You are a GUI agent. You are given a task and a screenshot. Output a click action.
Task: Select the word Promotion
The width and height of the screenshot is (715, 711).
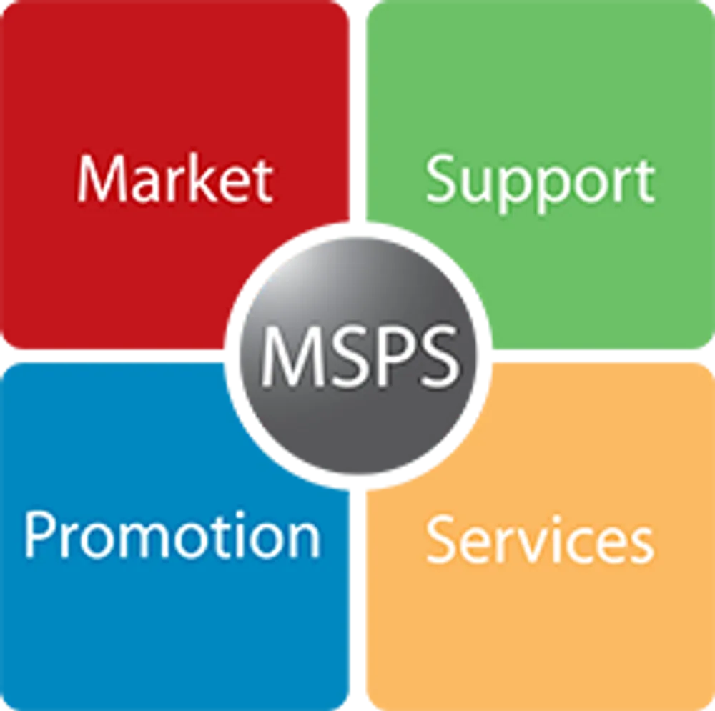(x=172, y=535)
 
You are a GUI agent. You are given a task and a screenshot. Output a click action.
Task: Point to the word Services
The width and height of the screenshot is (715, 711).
(x=541, y=540)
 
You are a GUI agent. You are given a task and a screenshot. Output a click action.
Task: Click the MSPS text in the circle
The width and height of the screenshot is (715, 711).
(x=360, y=356)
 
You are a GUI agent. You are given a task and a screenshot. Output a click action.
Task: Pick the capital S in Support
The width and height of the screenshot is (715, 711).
(x=440, y=179)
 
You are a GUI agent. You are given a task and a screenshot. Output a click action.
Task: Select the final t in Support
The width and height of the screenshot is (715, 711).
(x=646, y=182)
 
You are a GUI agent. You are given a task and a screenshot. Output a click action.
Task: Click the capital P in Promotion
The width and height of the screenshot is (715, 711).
(x=39, y=535)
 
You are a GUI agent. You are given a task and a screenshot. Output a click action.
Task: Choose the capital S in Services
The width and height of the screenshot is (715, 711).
(x=440, y=540)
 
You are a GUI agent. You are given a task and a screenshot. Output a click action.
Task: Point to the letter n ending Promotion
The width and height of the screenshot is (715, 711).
(x=305, y=540)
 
